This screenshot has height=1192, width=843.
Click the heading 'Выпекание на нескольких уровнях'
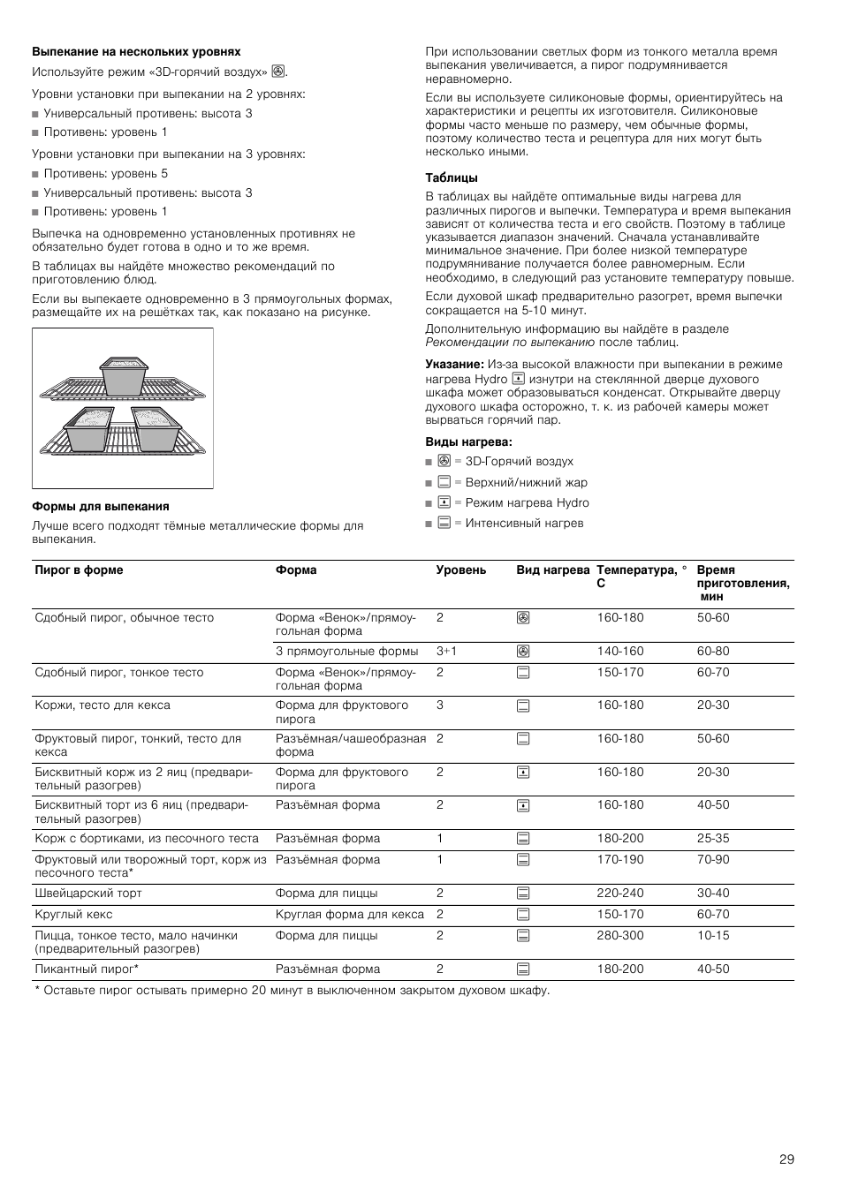[x=136, y=52]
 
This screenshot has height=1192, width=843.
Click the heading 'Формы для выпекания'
[x=100, y=506]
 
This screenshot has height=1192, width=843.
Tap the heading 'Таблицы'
[x=452, y=177]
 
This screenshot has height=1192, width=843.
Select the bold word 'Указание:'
[x=454, y=364]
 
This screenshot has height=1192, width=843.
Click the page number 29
[x=786, y=1159]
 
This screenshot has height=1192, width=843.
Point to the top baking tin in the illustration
[x=125, y=375]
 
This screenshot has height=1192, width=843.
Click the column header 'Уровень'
[x=460, y=570]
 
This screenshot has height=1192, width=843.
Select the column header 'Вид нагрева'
[x=552, y=570]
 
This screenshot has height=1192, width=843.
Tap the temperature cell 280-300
[x=620, y=935]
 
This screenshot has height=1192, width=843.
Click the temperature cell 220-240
[x=620, y=893]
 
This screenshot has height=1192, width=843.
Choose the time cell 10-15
[x=713, y=935]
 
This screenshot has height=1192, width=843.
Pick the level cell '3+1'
[x=446, y=652]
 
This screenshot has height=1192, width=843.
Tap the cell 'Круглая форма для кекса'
[x=350, y=914]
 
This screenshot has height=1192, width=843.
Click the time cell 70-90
[x=713, y=859]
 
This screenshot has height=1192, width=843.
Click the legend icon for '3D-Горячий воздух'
[x=444, y=461]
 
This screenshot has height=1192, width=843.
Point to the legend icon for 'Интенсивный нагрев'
[x=444, y=523]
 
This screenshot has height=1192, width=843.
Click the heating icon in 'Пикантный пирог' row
[x=523, y=969]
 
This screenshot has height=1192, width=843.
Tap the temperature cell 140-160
[x=620, y=652]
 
